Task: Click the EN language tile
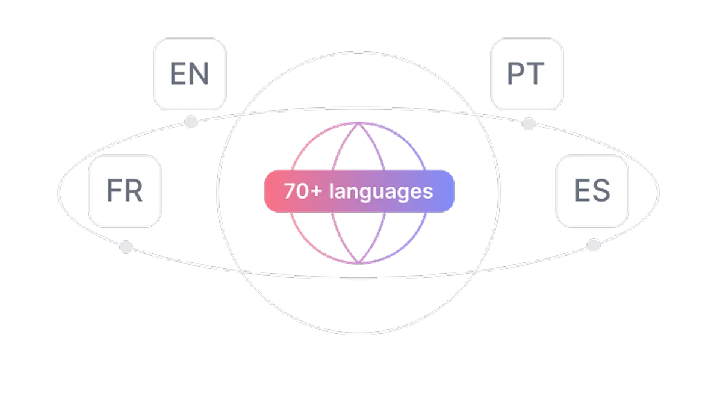[x=190, y=74]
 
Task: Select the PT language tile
[x=527, y=74]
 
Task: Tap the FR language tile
[x=125, y=191]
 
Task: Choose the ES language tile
[x=592, y=191]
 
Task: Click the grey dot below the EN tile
[x=191, y=122]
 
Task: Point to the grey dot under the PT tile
[x=529, y=123]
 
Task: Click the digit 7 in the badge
[x=290, y=191]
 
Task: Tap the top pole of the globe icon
[x=359, y=122]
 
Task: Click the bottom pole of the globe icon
[x=359, y=263]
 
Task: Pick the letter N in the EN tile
[x=199, y=74]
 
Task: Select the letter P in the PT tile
[x=517, y=74]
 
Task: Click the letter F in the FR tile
[x=114, y=191]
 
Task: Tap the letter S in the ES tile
[x=601, y=191]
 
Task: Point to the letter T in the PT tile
[x=536, y=74]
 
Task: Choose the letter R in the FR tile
[x=134, y=191]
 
